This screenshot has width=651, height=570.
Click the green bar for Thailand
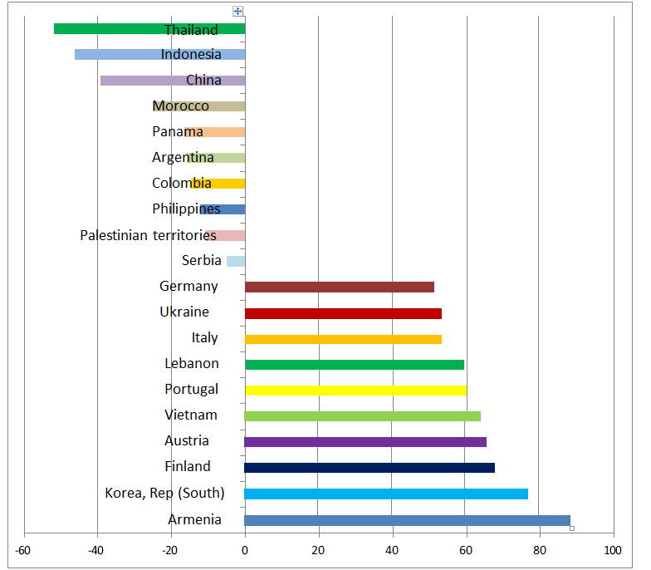tap(108, 29)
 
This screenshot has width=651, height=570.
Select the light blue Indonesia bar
tap(116, 55)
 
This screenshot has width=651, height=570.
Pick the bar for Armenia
tap(407, 521)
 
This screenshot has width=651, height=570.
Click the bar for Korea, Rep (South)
tap(386, 494)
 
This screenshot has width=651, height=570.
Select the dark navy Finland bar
tap(370, 468)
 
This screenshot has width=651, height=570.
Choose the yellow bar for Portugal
tap(355, 390)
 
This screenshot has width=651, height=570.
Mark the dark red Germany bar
tap(340, 287)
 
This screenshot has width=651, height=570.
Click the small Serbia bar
tap(236, 261)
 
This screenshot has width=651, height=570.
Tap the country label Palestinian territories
tap(148, 235)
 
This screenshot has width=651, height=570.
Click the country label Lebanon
tap(192, 363)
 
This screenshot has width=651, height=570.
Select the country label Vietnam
tap(191, 415)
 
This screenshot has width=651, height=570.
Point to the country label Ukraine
tap(184, 312)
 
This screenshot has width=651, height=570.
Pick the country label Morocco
tap(180, 106)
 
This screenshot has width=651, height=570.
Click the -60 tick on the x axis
tap(24, 550)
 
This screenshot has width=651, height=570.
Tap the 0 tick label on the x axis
tap(245, 550)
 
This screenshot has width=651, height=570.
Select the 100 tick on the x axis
tap(614, 550)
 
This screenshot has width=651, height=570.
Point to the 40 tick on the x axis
tap(393, 550)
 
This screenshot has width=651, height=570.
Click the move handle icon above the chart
tap(238, 11)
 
